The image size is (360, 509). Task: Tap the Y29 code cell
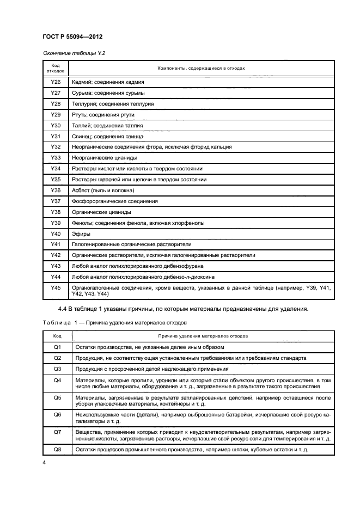point(55,115)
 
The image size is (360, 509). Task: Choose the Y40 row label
point(55,234)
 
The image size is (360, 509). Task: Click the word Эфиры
point(81,234)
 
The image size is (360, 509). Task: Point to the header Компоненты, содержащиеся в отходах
point(201,69)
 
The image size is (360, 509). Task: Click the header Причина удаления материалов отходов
point(203,336)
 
